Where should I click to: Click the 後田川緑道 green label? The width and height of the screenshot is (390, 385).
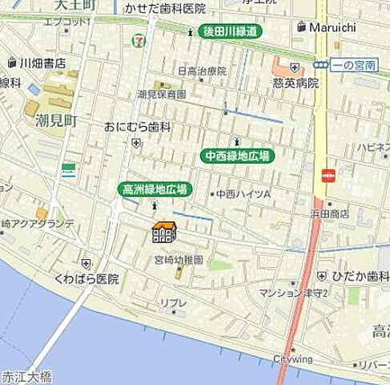point(231,32)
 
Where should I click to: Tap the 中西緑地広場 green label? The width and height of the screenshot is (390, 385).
point(236,156)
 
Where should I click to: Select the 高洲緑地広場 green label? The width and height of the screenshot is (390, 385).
point(154,189)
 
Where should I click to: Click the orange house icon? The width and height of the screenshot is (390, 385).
point(163,233)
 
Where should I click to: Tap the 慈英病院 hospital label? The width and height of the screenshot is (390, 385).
point(296,83)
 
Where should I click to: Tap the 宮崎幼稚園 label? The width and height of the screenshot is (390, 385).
point(179,260)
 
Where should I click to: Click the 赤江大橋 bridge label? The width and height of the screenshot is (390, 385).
point(26,375)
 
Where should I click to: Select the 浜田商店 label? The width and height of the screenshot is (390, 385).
point(330,214)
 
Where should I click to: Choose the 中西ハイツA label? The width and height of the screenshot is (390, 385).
point(244,194)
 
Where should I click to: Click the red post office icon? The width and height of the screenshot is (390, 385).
point(328,176)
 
